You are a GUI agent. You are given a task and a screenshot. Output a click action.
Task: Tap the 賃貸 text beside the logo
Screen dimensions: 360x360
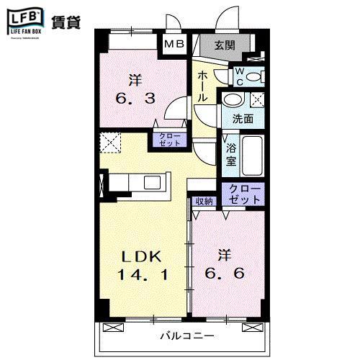(x=66, y=22)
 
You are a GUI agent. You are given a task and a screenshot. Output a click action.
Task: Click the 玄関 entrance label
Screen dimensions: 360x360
(x=225, y=45)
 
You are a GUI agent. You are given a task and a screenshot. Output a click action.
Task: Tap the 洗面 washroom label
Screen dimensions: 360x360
(x=243, y=119)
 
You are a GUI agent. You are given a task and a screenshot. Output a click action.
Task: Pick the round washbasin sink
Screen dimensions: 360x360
(x=233, y=100)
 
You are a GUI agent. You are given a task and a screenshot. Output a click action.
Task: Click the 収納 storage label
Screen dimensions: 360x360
(x=204, y=201)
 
